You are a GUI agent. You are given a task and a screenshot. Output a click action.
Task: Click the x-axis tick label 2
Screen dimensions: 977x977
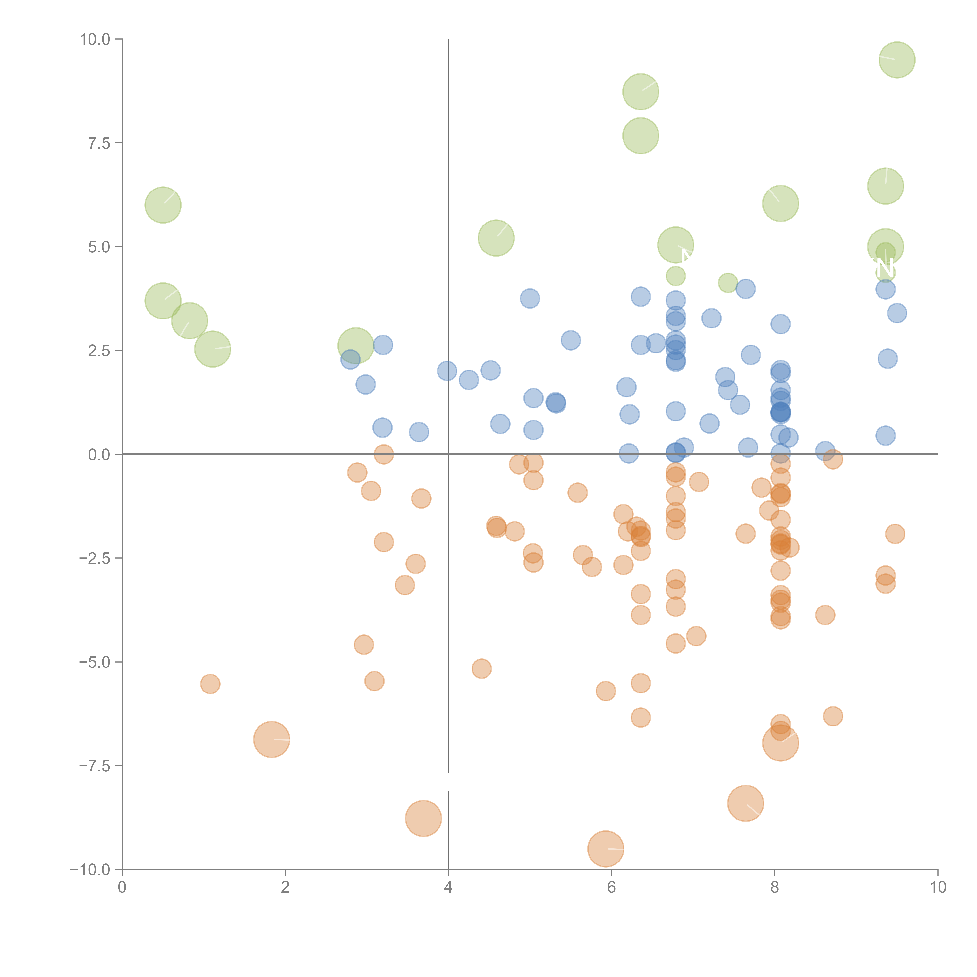click(285, 888)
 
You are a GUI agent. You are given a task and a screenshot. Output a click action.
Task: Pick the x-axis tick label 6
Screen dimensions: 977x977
click(611, 888)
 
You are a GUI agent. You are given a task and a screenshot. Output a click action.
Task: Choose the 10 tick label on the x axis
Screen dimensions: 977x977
click(938, 888)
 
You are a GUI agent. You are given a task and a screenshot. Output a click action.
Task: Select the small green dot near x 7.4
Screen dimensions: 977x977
click(728, 283)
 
